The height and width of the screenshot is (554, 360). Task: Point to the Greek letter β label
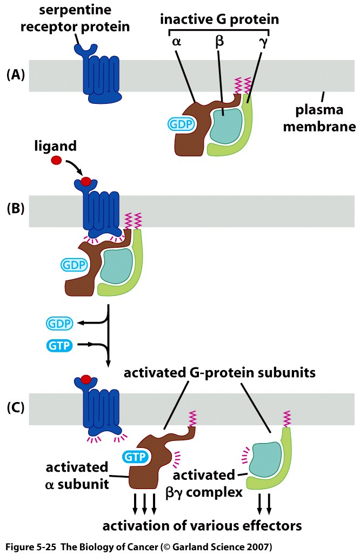pyautogui.click(x=219, y=41)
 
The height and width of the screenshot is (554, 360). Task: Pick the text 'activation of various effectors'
pyautogui.click(x=202, y=525)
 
